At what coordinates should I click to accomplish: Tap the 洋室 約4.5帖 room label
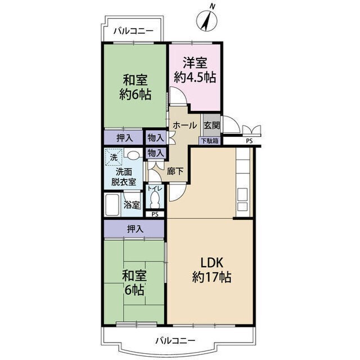pos(195,70)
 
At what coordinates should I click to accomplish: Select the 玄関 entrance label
pos(211,125)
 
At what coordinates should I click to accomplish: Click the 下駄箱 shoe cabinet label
pos(210,141)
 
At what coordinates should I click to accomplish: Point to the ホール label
pos(185,125)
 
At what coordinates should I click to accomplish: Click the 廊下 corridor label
pos(175,171)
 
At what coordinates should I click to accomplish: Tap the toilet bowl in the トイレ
pos(155,199)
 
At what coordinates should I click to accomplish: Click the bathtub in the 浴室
pos(112,205)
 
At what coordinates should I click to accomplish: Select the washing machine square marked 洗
pos(114,157)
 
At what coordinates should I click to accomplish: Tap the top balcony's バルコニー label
pos(133,31)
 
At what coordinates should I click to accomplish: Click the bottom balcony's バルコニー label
pos(175,340)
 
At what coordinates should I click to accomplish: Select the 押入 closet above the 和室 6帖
pos(134,229)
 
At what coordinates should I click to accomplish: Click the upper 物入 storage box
pos(156,138)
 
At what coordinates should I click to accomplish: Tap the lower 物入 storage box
pos(156,153)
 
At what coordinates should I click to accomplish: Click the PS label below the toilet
pos(155,214)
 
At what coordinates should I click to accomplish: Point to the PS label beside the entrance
pos(249,141)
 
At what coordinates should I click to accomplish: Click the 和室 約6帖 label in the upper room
pos(135,88)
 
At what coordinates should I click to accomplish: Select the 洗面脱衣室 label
pos(124,177)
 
